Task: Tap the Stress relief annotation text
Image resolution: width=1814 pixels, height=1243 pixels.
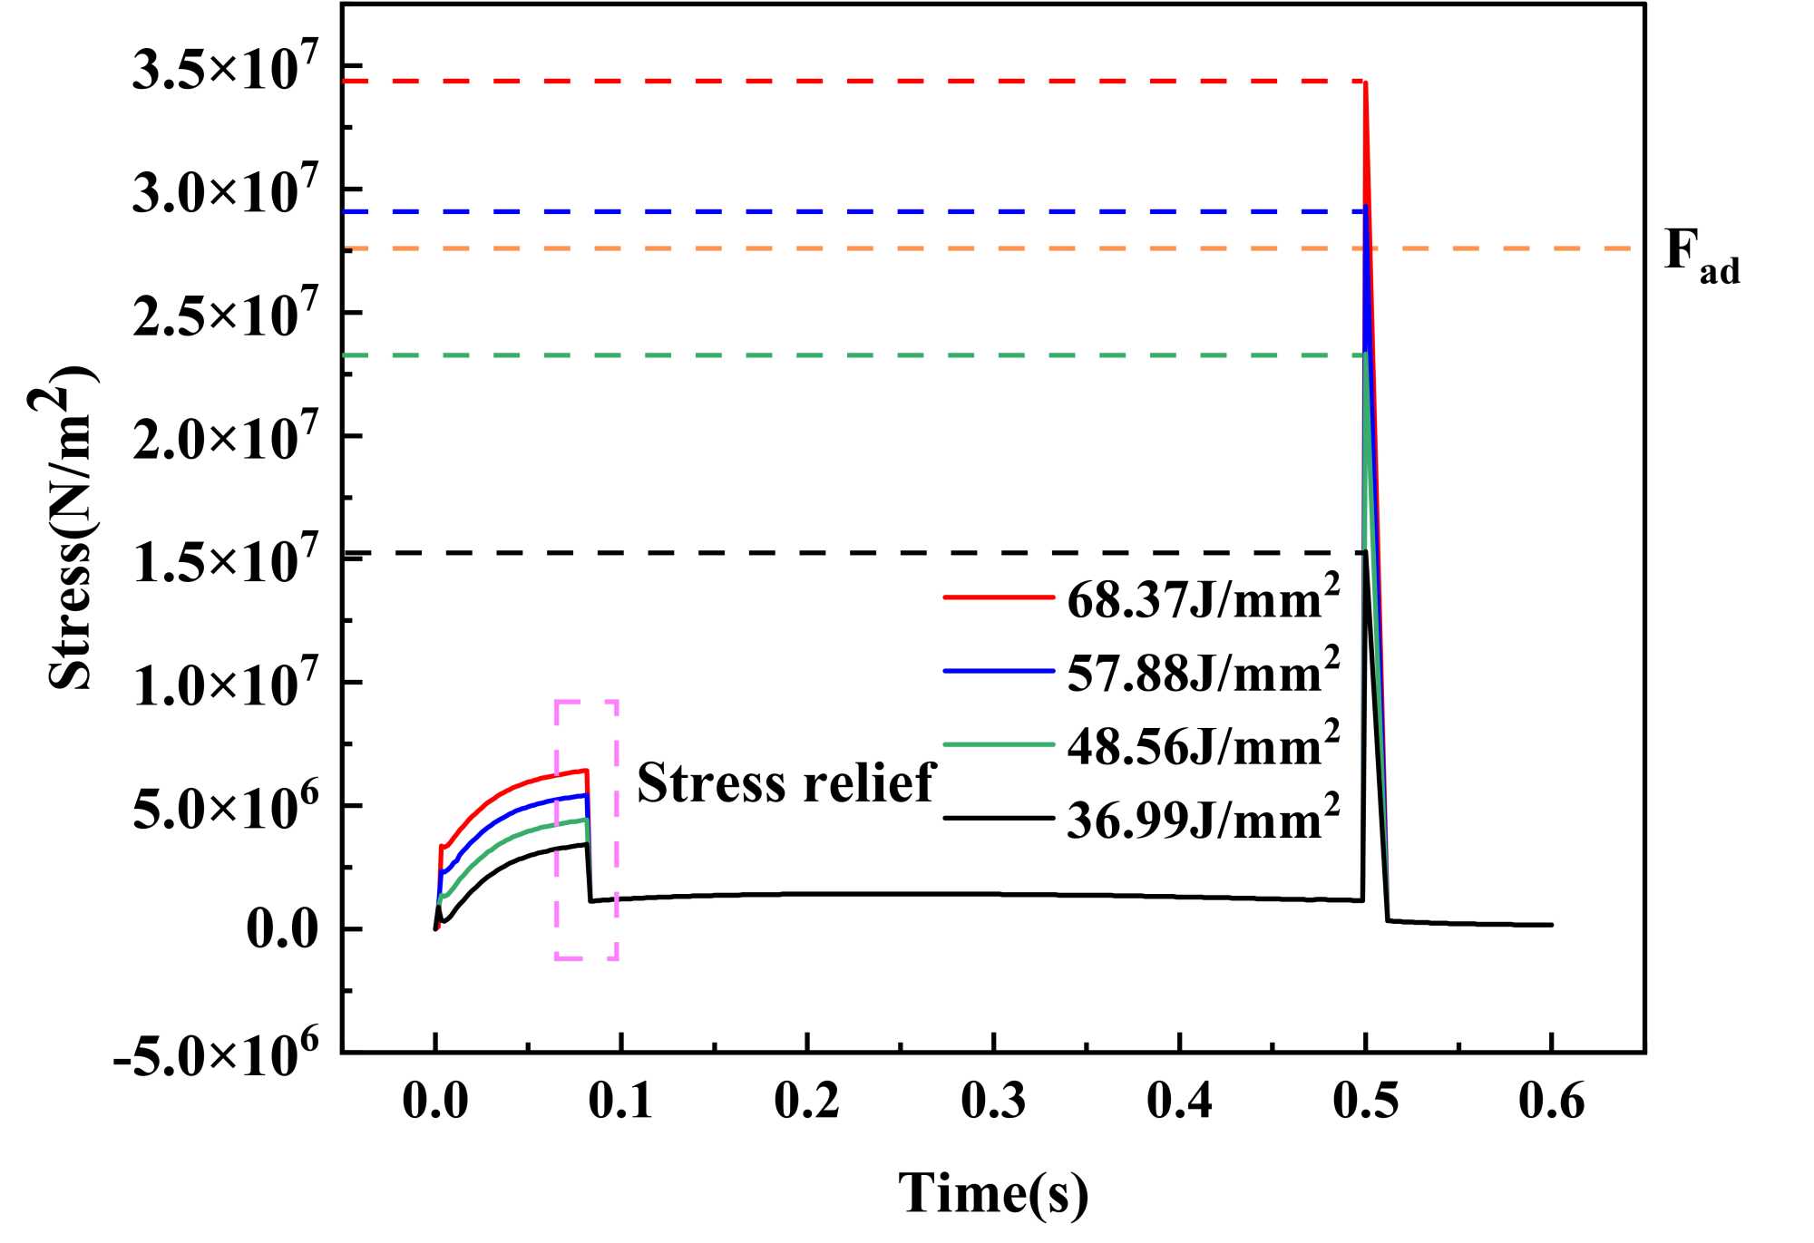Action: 785,782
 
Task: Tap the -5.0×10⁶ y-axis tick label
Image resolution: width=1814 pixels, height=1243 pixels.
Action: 216,1054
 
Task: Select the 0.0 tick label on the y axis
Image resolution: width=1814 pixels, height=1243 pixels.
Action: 282,930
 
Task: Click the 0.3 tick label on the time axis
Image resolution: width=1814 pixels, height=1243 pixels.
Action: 993,1102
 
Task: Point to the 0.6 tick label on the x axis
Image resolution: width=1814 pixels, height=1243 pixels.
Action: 1551,1102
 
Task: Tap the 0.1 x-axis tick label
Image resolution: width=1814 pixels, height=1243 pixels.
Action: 620,1102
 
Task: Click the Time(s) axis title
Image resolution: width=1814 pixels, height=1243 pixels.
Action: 993,1192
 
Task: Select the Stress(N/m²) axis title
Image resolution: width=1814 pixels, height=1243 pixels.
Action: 73,528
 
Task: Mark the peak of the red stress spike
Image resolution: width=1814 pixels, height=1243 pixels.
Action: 1365,83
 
